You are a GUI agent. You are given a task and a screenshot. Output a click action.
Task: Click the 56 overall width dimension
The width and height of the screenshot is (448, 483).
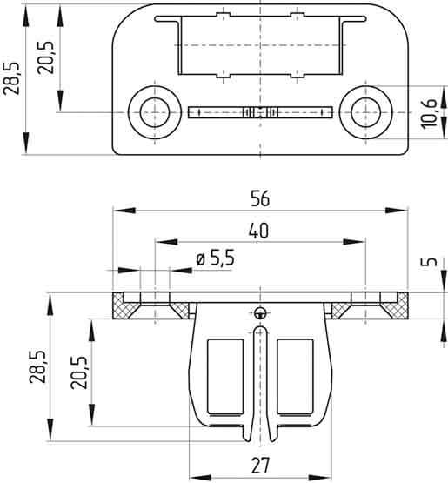coord(259,198)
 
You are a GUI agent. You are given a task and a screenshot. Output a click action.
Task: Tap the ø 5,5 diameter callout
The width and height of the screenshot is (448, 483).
coord(214,258)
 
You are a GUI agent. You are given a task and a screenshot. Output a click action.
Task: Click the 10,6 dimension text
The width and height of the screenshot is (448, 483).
coord(428,113)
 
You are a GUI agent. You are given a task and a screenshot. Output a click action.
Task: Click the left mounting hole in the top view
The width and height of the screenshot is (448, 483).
coord(156,111)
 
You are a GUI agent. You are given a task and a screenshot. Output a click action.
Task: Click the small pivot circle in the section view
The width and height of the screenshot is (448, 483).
coord(260,312)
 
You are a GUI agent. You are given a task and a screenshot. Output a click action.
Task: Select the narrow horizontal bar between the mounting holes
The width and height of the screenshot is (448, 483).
coord(260,111)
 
